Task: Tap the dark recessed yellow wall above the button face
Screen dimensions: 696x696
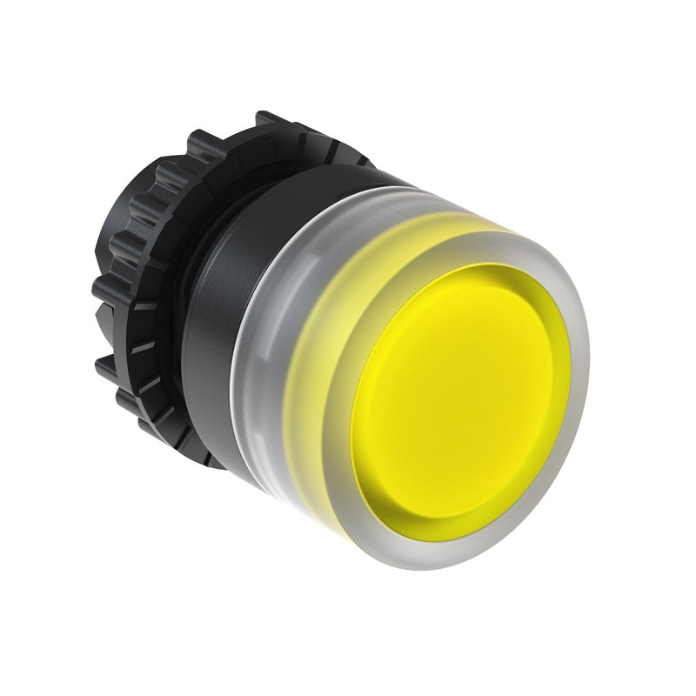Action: click(x=487, y=283)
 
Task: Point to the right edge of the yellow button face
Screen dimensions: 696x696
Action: click(x=557, y=365)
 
